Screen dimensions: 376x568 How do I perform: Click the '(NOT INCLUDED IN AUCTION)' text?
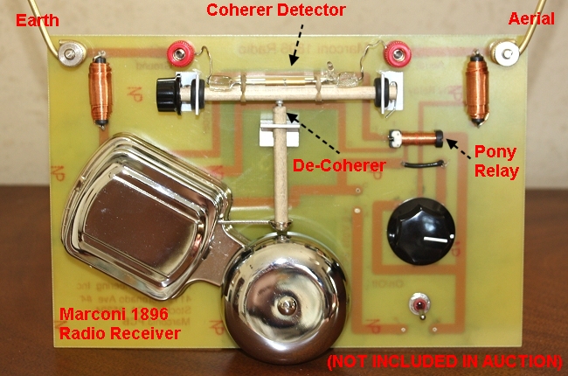(443, 360)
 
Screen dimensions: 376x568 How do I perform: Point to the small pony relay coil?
(419, 138)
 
